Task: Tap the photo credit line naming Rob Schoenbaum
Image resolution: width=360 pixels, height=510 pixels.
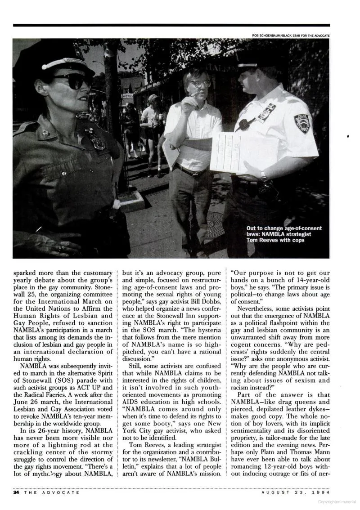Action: tap(291, 36)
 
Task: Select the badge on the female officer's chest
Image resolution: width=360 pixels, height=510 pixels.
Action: tap(96, 140)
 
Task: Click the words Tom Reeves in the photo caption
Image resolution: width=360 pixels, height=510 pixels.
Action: tap(262, 240)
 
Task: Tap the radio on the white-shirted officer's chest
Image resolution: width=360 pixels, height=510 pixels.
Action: tap(244, 124)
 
